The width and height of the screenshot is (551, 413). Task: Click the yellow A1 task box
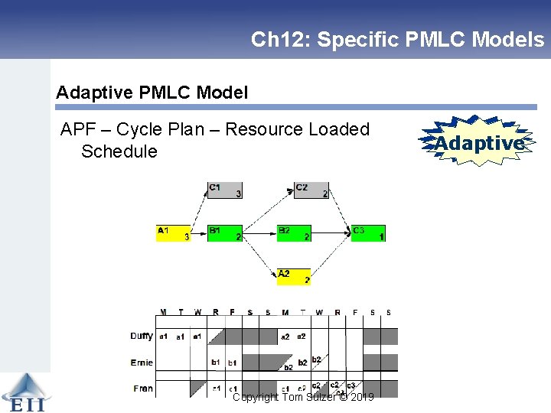coord(174,233)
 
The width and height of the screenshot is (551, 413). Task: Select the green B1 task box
coord(225,233)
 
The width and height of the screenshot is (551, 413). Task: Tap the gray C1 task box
coord(225,190)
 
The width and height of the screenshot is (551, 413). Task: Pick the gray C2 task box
coord(311,190)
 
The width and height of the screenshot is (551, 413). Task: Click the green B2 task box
coord(294,233)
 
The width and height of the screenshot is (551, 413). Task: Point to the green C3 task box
coord(368,233)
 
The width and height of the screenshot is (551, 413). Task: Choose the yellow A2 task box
coord(294,276)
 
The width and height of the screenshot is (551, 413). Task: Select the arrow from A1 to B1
coord(199,232)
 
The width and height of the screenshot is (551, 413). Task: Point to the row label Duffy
coord(142,336)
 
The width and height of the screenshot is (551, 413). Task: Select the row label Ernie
coord(142,363)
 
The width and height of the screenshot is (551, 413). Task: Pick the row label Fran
coord(143,389)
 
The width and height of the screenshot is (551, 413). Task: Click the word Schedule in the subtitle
coord(119,151)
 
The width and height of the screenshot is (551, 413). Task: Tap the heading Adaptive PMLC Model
coord(152,93)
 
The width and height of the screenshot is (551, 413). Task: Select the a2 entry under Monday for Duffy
coord(285,337)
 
